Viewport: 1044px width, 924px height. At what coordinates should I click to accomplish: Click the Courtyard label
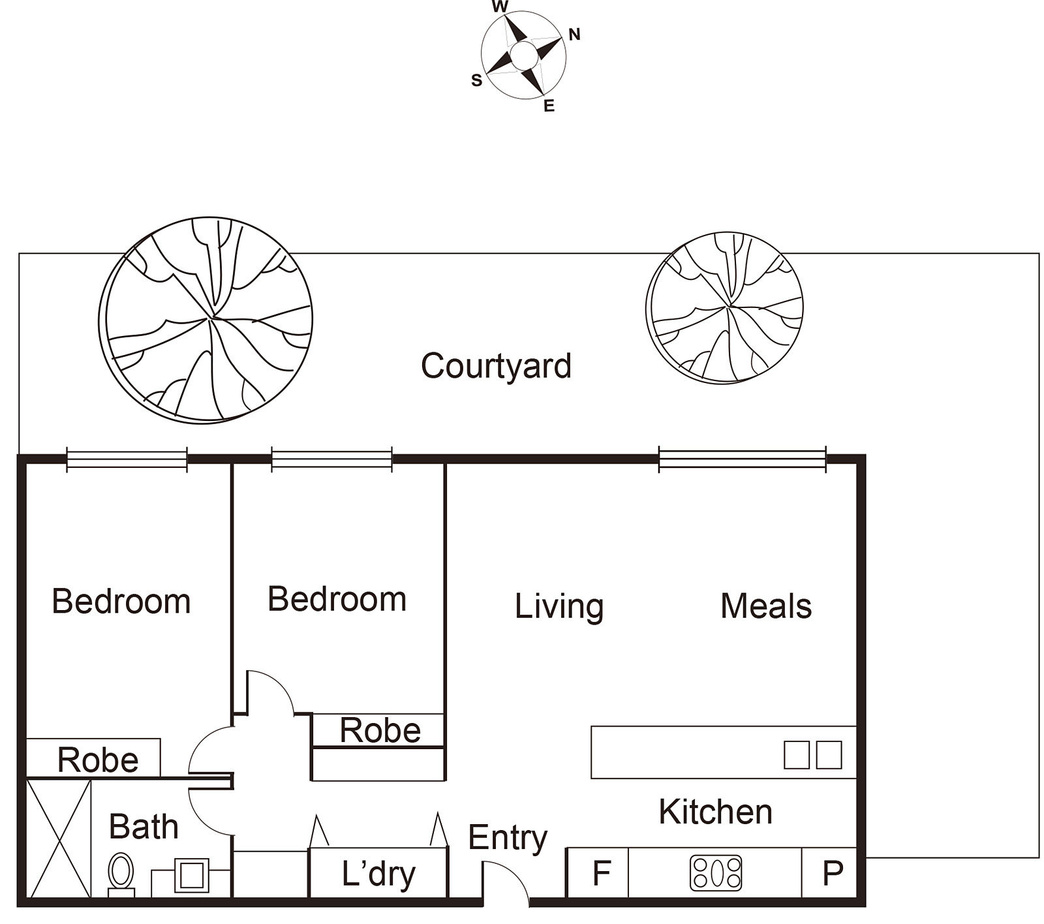click(496, 367)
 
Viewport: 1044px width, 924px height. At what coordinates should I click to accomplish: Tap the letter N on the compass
click(574, 35)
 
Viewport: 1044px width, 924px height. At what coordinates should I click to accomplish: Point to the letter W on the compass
click(500, 7)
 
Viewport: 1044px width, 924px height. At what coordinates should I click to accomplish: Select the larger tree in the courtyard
click(206, 320)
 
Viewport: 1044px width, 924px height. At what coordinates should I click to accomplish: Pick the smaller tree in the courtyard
click(724, 307)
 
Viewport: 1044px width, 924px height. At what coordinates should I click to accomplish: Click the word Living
click(559, 607)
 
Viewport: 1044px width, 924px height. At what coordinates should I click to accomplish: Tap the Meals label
click(766, 606)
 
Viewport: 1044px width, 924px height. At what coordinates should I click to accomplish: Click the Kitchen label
click(715, 812)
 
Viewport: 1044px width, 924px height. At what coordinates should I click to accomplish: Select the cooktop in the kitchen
click(716, 873)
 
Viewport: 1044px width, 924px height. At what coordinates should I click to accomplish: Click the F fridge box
click(598, 873)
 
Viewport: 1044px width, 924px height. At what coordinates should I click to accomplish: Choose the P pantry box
click(829, 873)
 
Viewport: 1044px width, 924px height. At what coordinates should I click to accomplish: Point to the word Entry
click(508, 839)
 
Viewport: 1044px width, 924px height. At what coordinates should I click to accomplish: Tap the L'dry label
click(378, 874)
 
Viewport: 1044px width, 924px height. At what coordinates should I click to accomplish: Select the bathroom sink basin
click(192, 875)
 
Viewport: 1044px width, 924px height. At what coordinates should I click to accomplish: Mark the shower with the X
click(59, 839)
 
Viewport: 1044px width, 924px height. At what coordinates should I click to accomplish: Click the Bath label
click(144, 827)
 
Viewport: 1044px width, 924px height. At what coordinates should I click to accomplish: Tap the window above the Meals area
click(743, 459)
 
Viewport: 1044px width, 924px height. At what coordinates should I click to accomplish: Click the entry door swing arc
click(515, 874)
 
